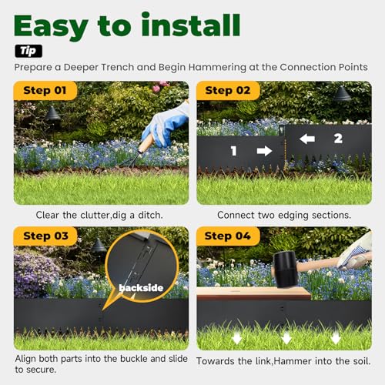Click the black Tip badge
tap(28, 51)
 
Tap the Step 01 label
tap(45, 90)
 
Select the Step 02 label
tap(228, 90)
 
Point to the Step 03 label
tap(45, 236)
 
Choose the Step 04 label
tap(228, 236)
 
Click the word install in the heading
tap(191, 25)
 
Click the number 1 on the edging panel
tap(233, 151)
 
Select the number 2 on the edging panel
tap(338, 139)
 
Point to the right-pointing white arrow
tap(264, 151)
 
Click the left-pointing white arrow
tap(307, 139)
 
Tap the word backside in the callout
tap(141, 288)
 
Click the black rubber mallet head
tap(286, 269)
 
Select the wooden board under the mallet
tap(254, 293)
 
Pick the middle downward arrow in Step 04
tap(286, 338)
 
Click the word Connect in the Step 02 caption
tap(236, 215)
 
